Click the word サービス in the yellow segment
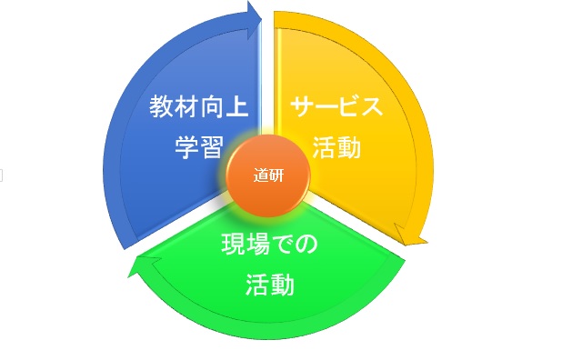(336, 107)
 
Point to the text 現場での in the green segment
(270, 245)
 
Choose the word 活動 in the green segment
(270, 285)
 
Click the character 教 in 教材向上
(163, 107)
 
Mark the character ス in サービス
(371, 107)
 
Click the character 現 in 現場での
(235, 245)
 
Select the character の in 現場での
(307, 245)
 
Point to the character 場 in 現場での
(258, 245)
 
